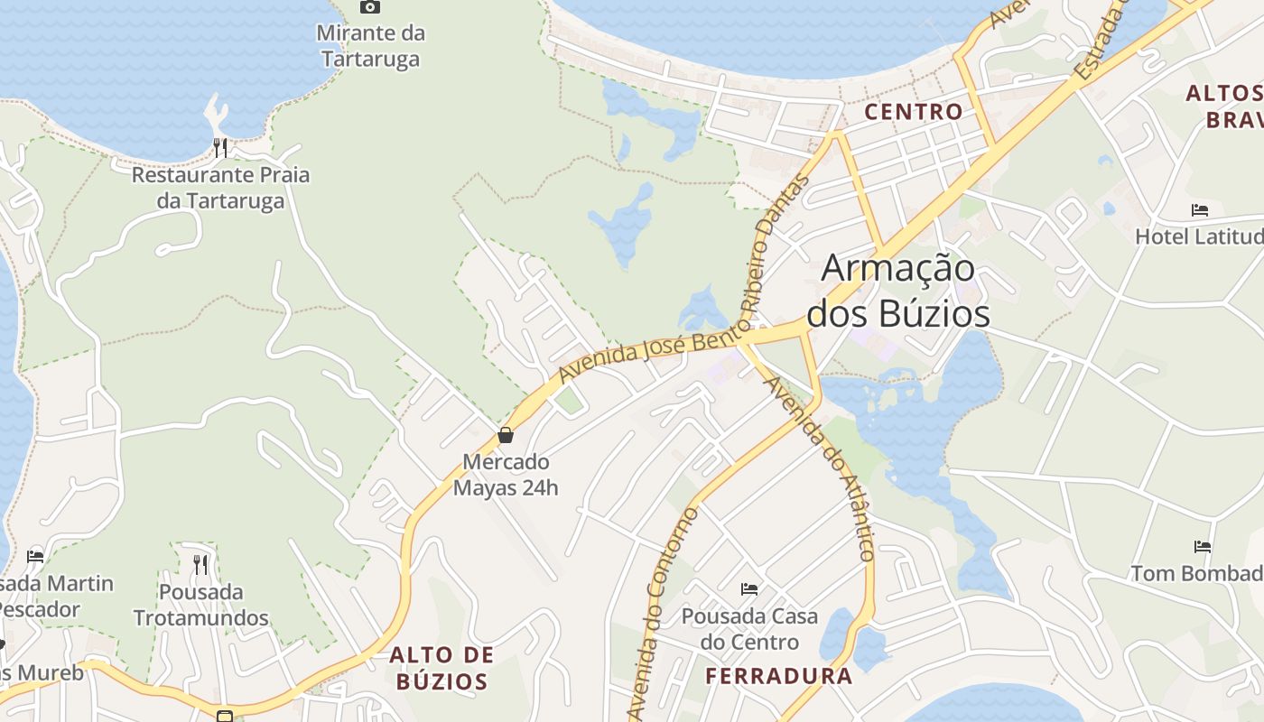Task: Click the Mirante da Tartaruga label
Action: coord(369,46)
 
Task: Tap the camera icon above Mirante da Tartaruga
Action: coord(369,7)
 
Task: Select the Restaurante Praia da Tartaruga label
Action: coord(220,187)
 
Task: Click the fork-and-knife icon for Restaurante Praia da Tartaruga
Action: coord(220,147)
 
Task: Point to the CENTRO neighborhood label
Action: coord(914,112)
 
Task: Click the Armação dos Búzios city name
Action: coord(898,291)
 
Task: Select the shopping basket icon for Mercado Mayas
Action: coord(506,435)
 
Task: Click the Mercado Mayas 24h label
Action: coord(506,475)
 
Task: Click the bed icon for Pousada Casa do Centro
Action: coord(749,589)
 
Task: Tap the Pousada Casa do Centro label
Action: coord(749,629)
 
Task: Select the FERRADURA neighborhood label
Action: coord(778,676)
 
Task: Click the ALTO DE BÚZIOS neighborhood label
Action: coord(441,668)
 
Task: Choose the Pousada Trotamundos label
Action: coord(201,605)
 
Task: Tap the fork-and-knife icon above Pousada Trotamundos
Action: coord(200,565)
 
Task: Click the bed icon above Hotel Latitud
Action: coord(1200,210)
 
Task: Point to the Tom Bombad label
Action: coord(1197,573)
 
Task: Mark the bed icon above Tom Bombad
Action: coord(1202,546)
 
